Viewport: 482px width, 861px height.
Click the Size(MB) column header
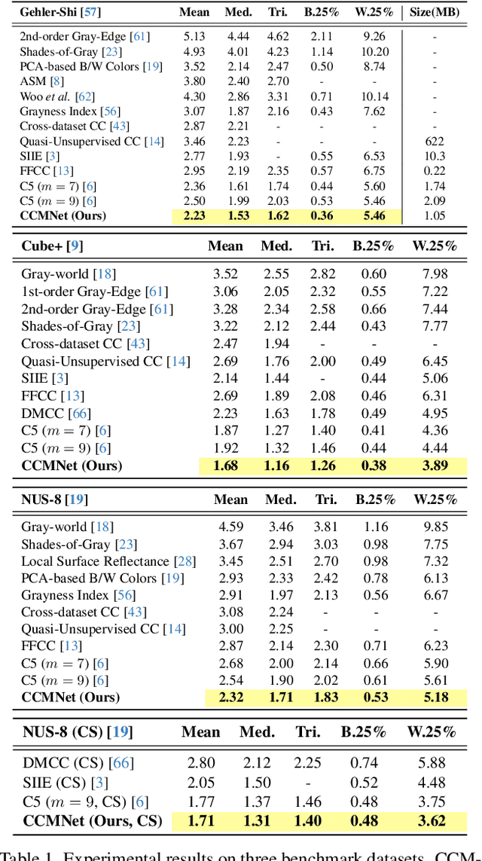[x=435, y=12]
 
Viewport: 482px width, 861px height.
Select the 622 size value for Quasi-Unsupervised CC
[x=435, y=141]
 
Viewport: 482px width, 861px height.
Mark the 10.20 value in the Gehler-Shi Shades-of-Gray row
[x=374, y=52]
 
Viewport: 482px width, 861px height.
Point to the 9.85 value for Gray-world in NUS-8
[x=435, y=527]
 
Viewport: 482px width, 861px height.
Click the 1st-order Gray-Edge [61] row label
[x=94, y=292]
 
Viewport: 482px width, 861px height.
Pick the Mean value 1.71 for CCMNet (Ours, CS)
[x=200, y=821]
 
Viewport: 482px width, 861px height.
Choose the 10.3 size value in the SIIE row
[x=435, y=156]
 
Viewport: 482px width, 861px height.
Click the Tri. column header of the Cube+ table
[x=324, y=246]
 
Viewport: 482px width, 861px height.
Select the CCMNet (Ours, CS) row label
[x=93, y=821]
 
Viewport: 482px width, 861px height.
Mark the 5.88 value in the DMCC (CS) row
[x=431, y=763]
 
